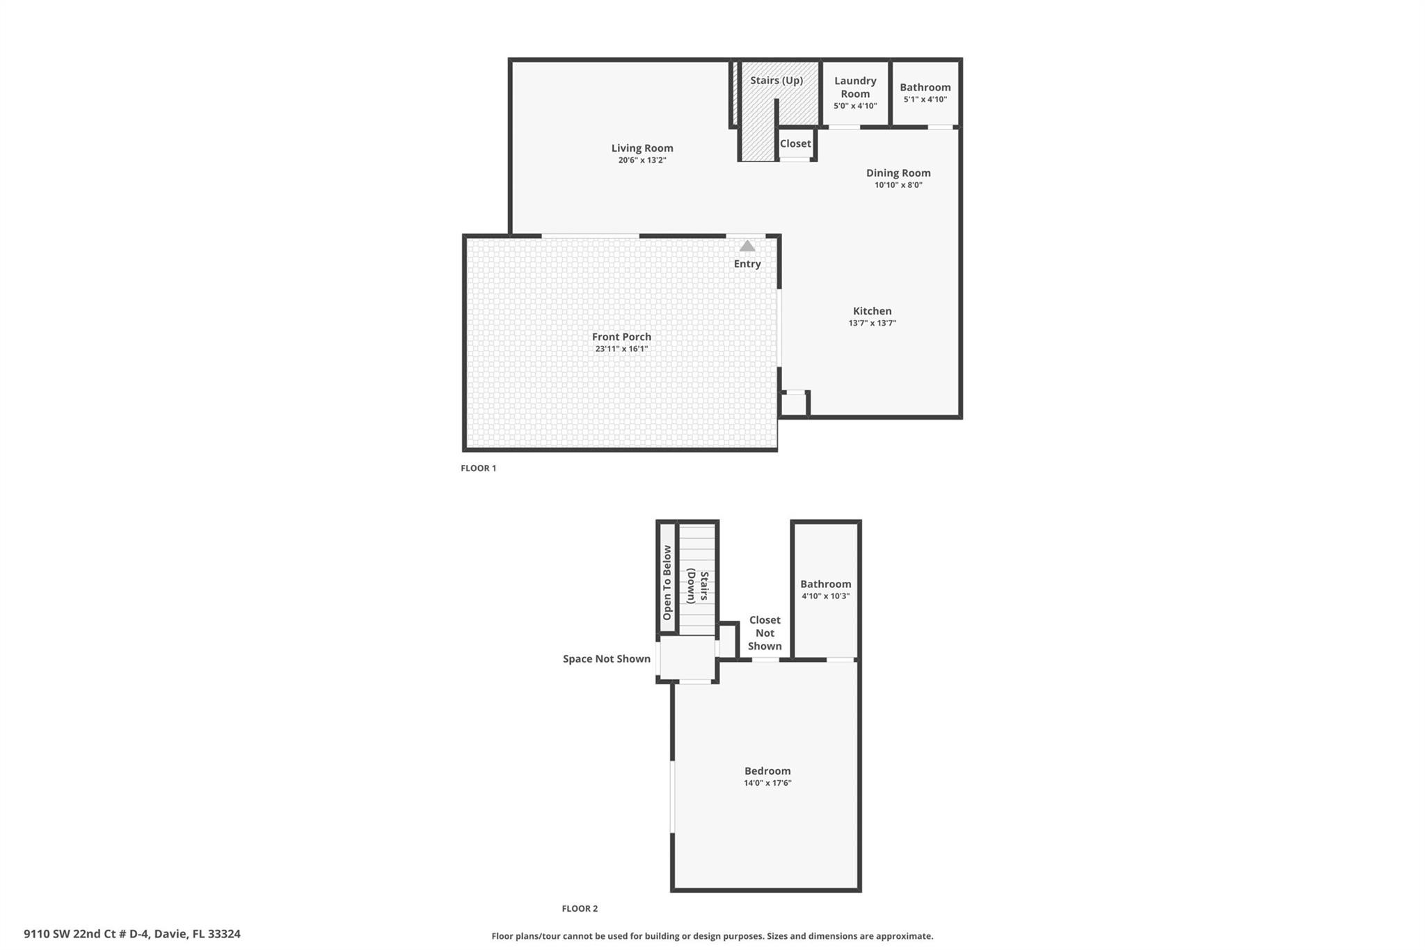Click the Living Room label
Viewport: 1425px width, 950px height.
pos(642,148)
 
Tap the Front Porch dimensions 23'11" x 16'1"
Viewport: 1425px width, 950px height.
pos(621,349)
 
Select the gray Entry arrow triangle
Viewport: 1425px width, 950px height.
pos(747,246)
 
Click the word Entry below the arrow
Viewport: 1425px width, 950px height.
pos(747,264)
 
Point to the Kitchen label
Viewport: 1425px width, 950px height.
pos(872,311)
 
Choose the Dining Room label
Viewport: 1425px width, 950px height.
pos(898,173)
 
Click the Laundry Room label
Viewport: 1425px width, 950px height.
pos(855,87)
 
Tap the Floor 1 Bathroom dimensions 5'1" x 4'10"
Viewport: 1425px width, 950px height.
pos(925,100)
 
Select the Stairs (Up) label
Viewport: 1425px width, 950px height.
pos(776,81)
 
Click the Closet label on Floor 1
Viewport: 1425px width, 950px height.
pos(795,143)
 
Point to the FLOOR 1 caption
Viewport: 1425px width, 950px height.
pos(478,468)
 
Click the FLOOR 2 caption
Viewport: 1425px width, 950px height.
pos(580,908)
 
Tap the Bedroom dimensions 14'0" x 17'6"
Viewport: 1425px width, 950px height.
pos(767,783)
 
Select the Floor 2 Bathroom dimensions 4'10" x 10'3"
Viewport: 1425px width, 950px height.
pos(825,596)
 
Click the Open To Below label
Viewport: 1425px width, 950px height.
pos(667,583)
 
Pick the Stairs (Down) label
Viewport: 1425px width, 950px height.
pos(698,586)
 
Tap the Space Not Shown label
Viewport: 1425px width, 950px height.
pos(606,658)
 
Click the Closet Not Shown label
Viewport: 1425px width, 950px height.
pos(764,633)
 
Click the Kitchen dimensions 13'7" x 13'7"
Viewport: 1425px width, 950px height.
pos(872,323)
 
